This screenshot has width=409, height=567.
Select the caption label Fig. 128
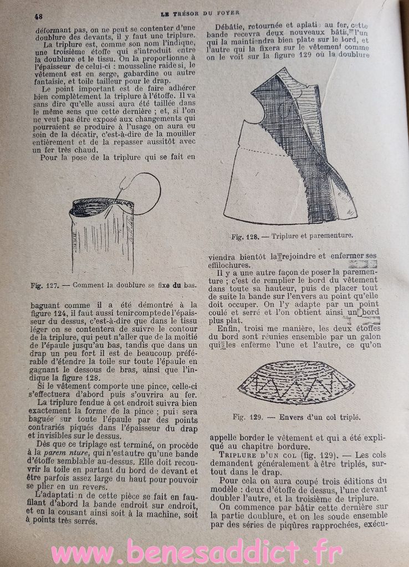(244, 236)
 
